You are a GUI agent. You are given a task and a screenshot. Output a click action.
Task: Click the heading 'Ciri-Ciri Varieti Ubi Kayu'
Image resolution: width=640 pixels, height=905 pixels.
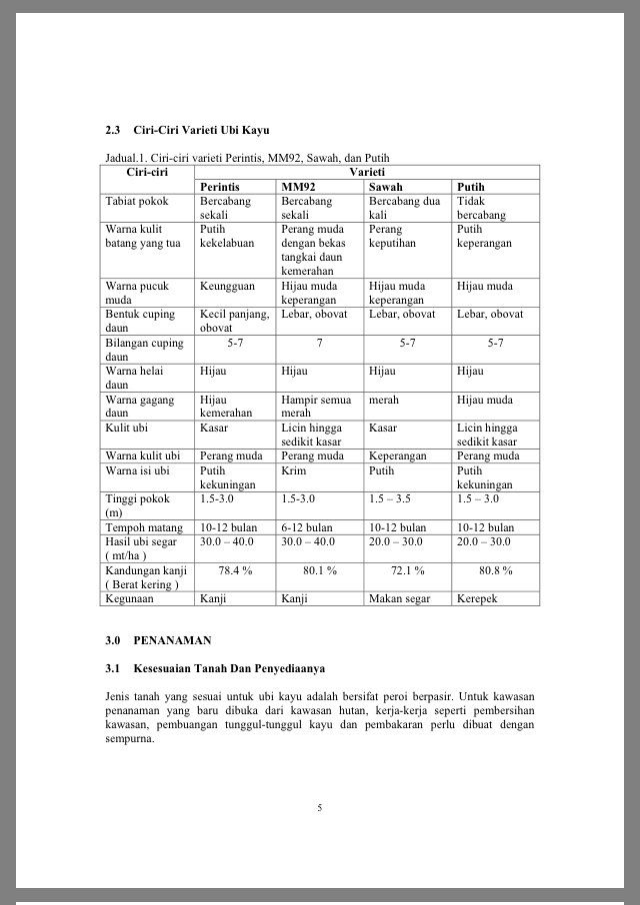pyautogui.click(x=200, y=130)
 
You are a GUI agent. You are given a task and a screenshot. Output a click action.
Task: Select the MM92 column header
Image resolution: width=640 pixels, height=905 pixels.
pyautogui.click(x=297, y=187)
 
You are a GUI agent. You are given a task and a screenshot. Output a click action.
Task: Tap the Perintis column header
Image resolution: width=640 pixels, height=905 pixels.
pyautogui.click(x=219, y=187)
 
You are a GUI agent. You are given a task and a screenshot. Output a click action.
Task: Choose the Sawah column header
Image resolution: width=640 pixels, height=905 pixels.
pyautogui.click(x=386, y=187)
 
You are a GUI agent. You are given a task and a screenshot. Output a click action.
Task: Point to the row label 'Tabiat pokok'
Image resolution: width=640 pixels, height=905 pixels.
pyautogui.click(x=137, y=201)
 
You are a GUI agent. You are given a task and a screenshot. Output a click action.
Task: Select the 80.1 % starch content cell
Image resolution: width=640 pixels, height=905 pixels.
pyautogui.click(x=320, y=570)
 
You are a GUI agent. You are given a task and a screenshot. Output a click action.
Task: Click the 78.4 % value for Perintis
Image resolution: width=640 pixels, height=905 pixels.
pyautogui.click(x=236, y=570)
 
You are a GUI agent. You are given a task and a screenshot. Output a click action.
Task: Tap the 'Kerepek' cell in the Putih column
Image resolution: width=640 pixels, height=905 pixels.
pyautogui.click(x=477, y=599)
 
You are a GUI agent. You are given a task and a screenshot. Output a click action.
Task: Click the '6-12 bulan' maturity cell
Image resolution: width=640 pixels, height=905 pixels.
pyautogui.click(x=307, y=527)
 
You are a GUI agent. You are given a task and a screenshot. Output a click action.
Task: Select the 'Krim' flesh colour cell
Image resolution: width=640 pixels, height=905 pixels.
pyautogui.click(x=294, y=470)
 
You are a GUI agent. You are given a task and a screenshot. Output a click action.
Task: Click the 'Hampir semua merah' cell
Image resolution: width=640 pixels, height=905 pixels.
pyautogui.click(x=316, y=406)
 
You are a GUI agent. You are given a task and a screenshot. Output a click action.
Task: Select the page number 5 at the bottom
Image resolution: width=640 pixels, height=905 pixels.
pyautogui.click(x=320, y=808)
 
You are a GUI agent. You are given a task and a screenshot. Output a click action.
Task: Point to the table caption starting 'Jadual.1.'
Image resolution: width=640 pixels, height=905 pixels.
pyautogui.click(x=247, y=158)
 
